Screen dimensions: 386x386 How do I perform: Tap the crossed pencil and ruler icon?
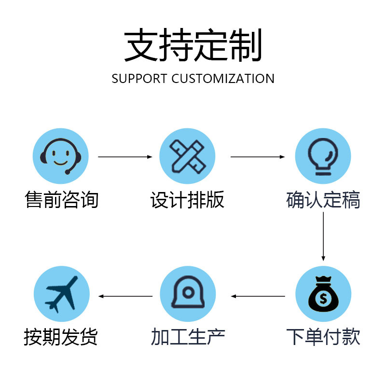(187, 156)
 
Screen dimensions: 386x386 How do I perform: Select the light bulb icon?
(323, 156)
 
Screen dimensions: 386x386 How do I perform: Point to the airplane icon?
(61, 294)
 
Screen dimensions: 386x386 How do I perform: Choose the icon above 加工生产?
(188, 292)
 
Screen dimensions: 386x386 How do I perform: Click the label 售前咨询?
(62, 199)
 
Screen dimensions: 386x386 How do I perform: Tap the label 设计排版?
(187, 199)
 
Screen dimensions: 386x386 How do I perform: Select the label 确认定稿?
(323, 199)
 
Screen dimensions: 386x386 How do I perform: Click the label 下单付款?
(323, 336)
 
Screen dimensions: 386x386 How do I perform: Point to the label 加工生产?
(188, 336)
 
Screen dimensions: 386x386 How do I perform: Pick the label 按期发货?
(61, 336)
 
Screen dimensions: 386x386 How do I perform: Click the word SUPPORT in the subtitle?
(139, 79)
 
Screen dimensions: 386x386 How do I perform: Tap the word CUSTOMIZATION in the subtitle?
(223, 79)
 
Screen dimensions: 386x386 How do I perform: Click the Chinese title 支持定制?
(193, 44)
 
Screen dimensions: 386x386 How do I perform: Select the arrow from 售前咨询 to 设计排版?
(125, 157)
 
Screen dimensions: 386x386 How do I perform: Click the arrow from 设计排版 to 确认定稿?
(258, 157)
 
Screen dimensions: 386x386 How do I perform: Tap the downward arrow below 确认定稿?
(323, 236)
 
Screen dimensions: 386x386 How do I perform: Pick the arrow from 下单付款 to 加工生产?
(258, 296)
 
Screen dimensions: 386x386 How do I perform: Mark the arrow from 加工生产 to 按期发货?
(125, 296)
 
